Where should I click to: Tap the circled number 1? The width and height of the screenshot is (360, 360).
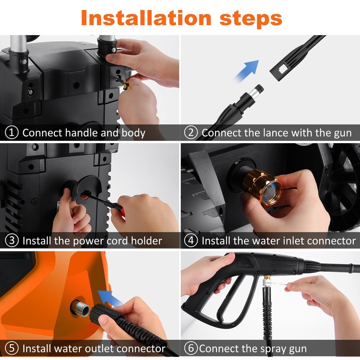12,133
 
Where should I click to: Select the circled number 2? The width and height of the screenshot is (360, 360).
191,133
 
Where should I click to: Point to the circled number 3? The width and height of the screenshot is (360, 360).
12,241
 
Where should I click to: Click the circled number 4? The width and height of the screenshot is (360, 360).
191,241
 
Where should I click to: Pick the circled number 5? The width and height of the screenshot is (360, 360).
12,349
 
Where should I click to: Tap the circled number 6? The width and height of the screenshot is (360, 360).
191,349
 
